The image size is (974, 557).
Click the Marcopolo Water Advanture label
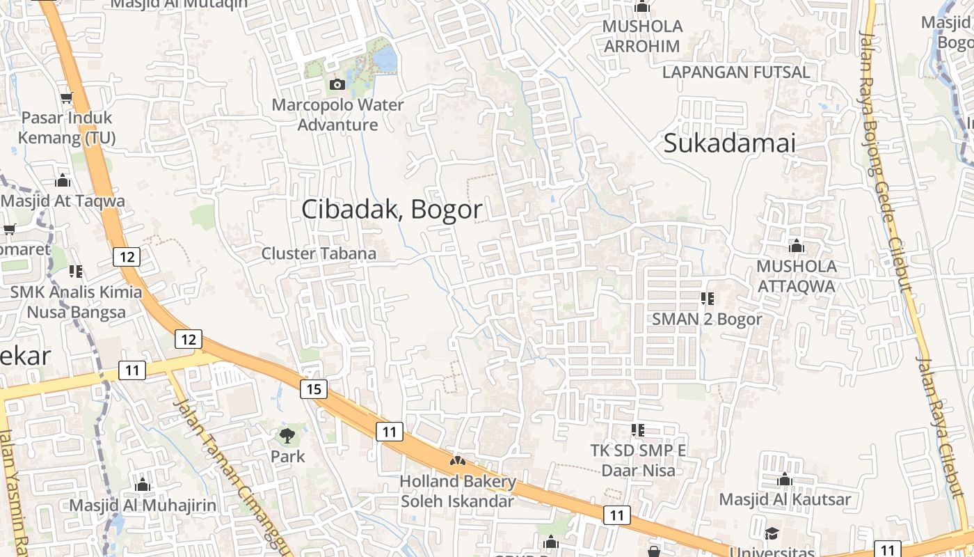pyautogui.click(x=337, y=115)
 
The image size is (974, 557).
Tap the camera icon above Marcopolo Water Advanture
pyautogui.click(x=337, y=84)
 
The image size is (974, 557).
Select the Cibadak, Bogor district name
pyautogui.click(x=392, y=210)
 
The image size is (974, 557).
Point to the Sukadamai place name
pyautogui.click(x=729, y=143)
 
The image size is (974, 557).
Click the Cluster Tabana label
pyautogui.click(x=319, y=253)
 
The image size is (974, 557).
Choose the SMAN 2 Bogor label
pyautogui.click(x=707, y=319)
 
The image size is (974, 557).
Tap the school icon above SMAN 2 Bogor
pyautogui.click(x=708, y=299)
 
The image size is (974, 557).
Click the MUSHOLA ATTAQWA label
pyautogui.click(x=797, y=276)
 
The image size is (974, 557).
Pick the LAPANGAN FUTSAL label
pyautogui.click(x=736, y=72)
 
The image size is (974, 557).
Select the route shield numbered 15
pyautogui.click(x=314, y=389)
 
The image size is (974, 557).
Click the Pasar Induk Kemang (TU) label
pyautogui.click(x=67, y=127)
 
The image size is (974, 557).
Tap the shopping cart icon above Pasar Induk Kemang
pyautogui.click(x=67, y=98)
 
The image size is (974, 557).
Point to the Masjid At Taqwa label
pyautogui.click(x=63, y=201)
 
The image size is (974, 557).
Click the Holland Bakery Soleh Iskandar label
pyautogui.click(x=458, y=491)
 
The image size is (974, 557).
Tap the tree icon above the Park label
pyautogui.click(x=287, y=437)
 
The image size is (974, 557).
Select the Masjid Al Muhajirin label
pyautogui.click(x=143, y=505)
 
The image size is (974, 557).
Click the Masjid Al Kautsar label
pyautogui.click(x=785, y=499)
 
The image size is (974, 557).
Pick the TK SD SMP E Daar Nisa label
pyautogui.click(x=638, y=460)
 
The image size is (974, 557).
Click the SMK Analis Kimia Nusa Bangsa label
pyautogui.click(x=76, y=301)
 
